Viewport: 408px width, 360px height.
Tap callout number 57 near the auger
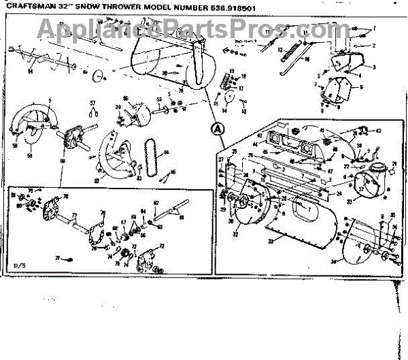(94, 103)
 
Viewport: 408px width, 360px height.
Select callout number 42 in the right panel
(378, 131)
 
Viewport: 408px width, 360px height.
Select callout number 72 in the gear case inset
(162, 246)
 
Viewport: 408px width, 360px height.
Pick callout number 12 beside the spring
(280, 50)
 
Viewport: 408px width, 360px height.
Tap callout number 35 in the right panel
(392, 216)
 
